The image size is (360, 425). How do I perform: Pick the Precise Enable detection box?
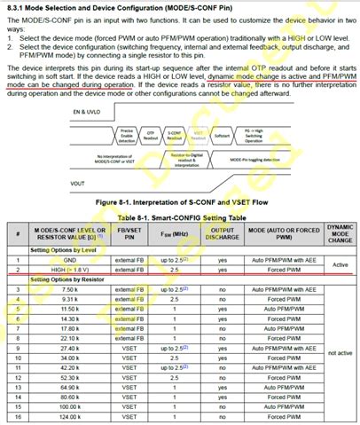[126, 136]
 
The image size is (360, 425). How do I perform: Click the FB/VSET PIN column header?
[128, 232]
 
